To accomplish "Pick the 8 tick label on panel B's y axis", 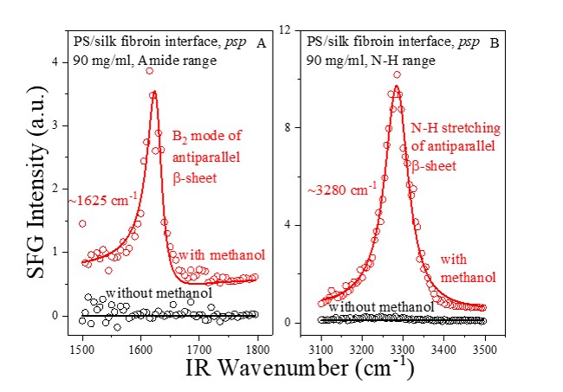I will (295, 127).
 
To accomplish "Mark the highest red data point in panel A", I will (150, 71).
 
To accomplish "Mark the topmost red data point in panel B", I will (397, 75).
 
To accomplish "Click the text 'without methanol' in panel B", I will (381, 307).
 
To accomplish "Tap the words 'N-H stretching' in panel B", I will (459, 129).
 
